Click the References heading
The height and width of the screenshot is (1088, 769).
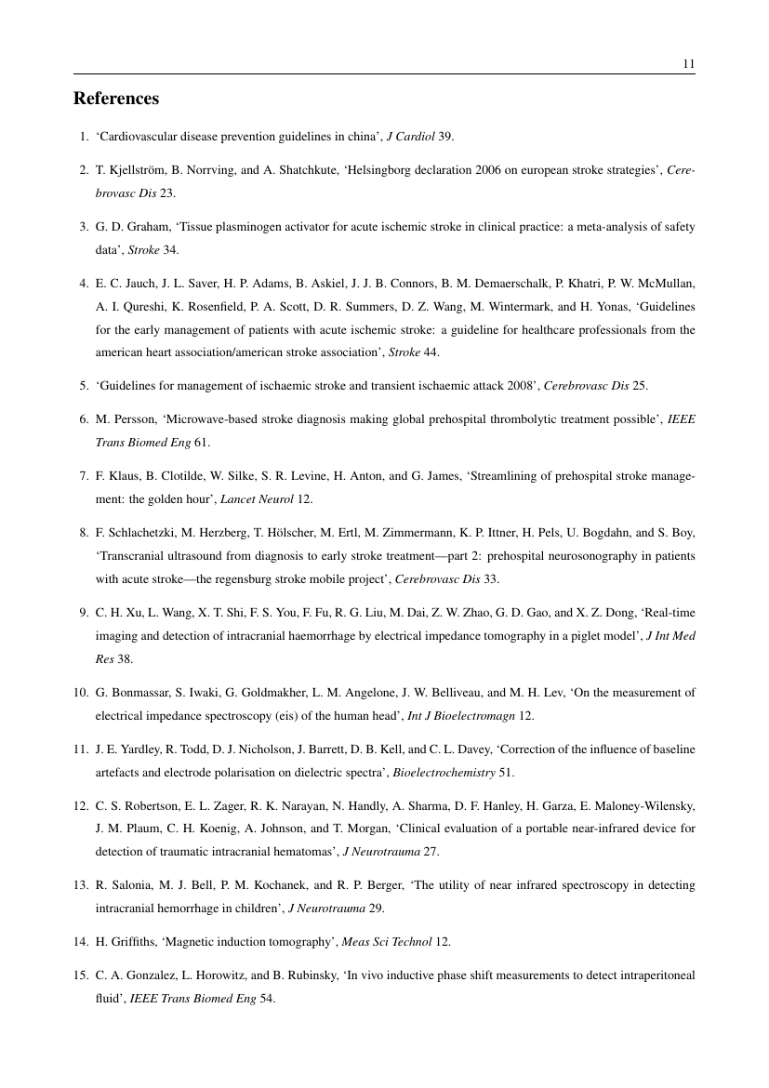[116, 99]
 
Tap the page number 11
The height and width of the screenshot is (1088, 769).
[688, 64]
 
